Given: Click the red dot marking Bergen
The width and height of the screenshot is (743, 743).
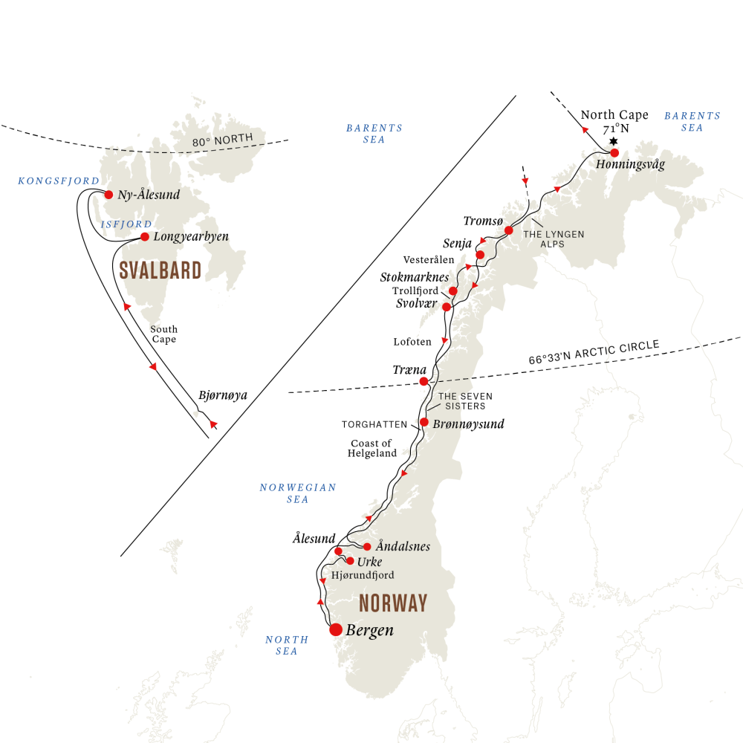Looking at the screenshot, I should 337,630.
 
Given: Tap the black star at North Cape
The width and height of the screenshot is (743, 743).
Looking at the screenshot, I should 614,141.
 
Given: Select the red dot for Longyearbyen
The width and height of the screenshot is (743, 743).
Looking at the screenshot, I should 145,237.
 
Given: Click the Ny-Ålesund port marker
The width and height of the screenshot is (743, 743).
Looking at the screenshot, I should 108,195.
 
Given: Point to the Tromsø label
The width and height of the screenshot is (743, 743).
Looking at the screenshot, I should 483,221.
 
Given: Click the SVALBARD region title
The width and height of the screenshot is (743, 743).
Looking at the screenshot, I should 160,270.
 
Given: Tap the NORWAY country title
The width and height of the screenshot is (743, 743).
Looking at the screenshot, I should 393,603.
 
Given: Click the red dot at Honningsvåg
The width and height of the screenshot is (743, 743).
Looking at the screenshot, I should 614,153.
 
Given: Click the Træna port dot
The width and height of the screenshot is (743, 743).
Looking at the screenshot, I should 424,381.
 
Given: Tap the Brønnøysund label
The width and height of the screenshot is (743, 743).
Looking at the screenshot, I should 467,424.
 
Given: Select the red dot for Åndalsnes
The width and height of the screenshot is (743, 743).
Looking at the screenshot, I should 367,547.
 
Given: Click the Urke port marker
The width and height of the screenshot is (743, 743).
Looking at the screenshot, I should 351,561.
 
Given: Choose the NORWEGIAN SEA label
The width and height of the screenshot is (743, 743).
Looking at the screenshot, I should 298,493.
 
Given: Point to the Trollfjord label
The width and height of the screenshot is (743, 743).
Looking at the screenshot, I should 415,291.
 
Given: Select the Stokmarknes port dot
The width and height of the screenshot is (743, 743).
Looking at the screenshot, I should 452,291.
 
